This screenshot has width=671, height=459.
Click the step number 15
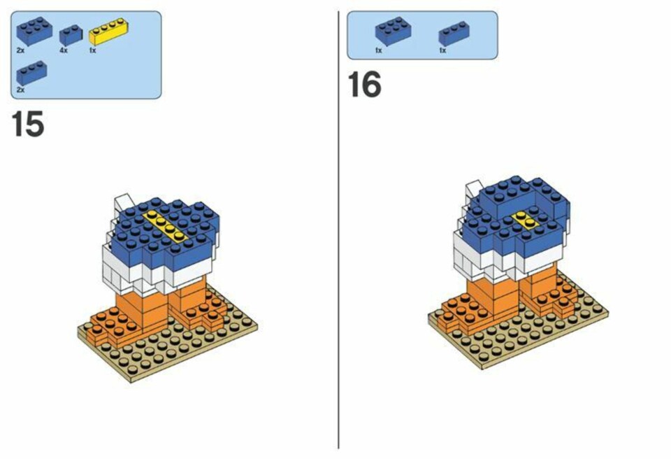point(28,124)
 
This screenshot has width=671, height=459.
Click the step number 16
point(364,85)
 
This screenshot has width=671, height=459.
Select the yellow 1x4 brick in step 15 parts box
point(109,31)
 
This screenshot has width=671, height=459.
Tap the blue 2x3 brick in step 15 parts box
point(34,30)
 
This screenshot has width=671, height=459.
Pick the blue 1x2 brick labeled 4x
point(71,35)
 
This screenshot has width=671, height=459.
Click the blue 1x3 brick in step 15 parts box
point(31,73)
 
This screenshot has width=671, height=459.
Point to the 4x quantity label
point(64,50)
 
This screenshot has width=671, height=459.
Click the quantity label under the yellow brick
point(93,50)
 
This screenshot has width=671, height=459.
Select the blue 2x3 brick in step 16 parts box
point(394,31)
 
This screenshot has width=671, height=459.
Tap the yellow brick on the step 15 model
point(166,225)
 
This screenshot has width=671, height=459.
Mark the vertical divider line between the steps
point(338,229)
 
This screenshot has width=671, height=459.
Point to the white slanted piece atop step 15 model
point(124,204)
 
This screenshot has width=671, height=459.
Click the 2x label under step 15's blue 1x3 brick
point(20,90)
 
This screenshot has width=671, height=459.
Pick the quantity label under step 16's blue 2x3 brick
point(379,50)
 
